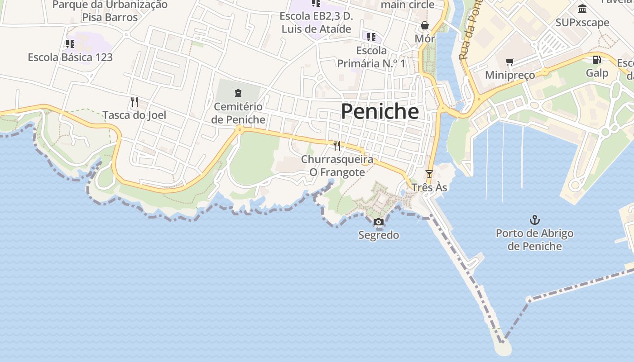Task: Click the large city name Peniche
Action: pos(379,111)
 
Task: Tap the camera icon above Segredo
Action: pos(379,222)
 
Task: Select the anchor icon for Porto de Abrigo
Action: pos(535,220)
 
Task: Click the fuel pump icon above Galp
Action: pos(597,60)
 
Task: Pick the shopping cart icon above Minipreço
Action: pos(510,62)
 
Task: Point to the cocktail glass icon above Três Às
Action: pos(429,174)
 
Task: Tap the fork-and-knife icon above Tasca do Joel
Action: pos(134,101)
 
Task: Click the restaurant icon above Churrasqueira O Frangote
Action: pos(337,146)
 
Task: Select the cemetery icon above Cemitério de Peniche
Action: pos(238,93)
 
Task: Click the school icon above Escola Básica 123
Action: pos(70,44)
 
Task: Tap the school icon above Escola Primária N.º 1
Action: pos(371,37)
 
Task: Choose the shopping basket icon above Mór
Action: pos(425,25)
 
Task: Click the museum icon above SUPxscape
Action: pos(582,9)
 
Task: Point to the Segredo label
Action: pos(379,235)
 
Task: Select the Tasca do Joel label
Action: pos(134,115)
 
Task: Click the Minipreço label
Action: pos(510,75)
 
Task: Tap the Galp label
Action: pos(597,73)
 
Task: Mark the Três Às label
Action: pos(429,187)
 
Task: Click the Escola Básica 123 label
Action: pos(70,57)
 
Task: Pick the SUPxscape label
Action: pos(582,23)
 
